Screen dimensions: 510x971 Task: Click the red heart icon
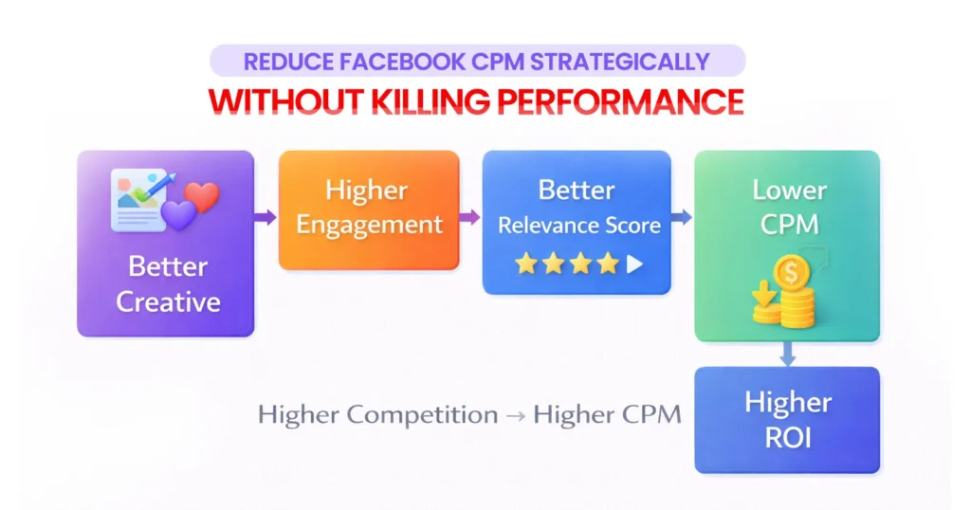pyautogui.click(x=201, y=197)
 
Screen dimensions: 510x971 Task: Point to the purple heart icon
pyautogui.click(x=179, y=214)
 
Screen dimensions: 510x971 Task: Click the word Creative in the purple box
pyautogui.click(x=168, y=302)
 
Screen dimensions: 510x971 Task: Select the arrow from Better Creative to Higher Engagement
pyautogui.click(x=266, y=217)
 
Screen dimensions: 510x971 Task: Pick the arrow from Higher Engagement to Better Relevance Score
pyautogui.click(x=470, y=218)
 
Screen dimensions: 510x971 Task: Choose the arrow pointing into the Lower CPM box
pyautogui.click(x=682, y=218)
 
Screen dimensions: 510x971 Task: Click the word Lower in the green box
pyautogui.click(x=789, y=190)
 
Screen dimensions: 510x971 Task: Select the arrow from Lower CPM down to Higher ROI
pyautogui.click(x=787, y=354)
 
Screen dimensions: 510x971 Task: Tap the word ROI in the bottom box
pyautogui.click(x=787, y=440)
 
